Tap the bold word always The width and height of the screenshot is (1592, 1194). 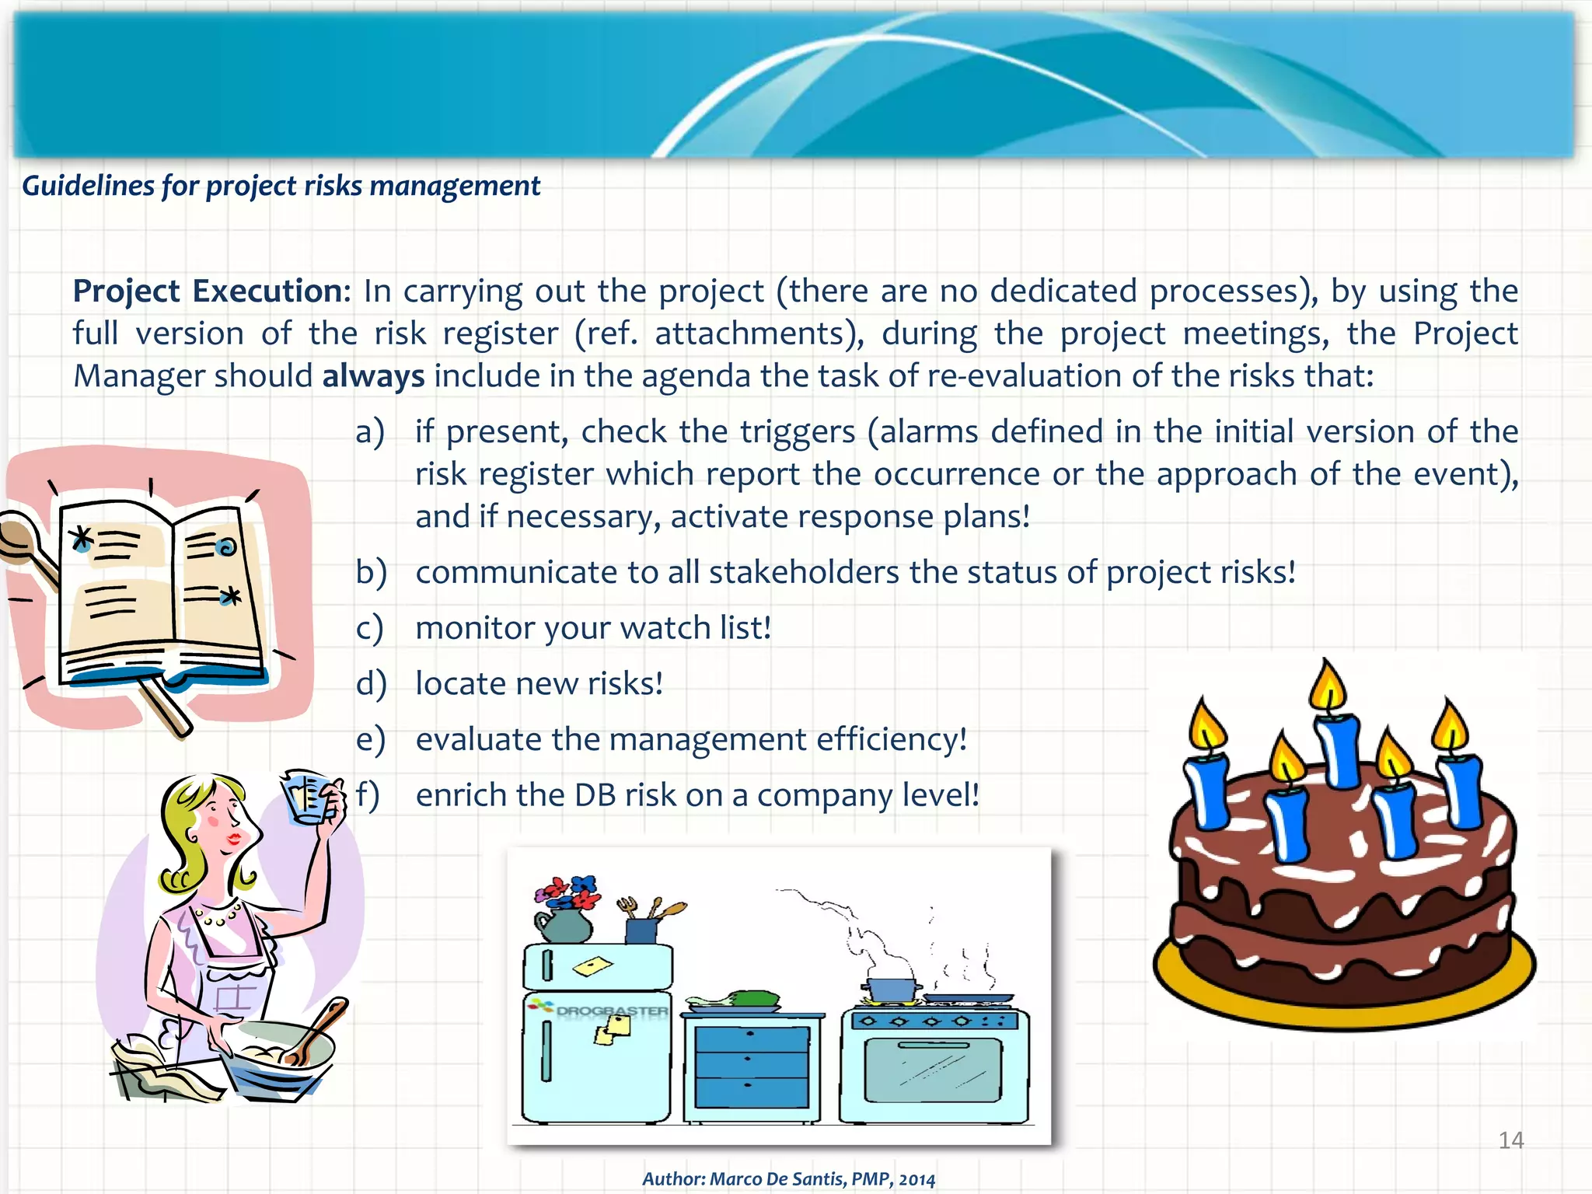pyautogui.click(x=373, y=376)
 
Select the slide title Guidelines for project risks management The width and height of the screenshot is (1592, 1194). pyautogui.click(x=281, y=187)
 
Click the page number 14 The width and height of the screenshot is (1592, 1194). pyautogui.click(x=1510, y=1140)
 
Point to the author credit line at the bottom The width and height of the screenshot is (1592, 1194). pyautogui.click(x=788, y=1178)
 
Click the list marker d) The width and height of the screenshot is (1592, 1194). pyautogui.click(x=371, y=684)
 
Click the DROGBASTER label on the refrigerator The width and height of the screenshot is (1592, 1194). pyautogui.click(x=612, y=1011)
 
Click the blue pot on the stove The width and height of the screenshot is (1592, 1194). pyautogui.click(x=892, y=990)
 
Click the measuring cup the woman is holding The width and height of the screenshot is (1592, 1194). pyautogui.click(x=308, y=797)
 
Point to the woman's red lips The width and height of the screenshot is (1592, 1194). pyautogui.click(x=234, y=838)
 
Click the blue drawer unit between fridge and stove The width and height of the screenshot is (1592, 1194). pyautogui.click(x=751, y=1065)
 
